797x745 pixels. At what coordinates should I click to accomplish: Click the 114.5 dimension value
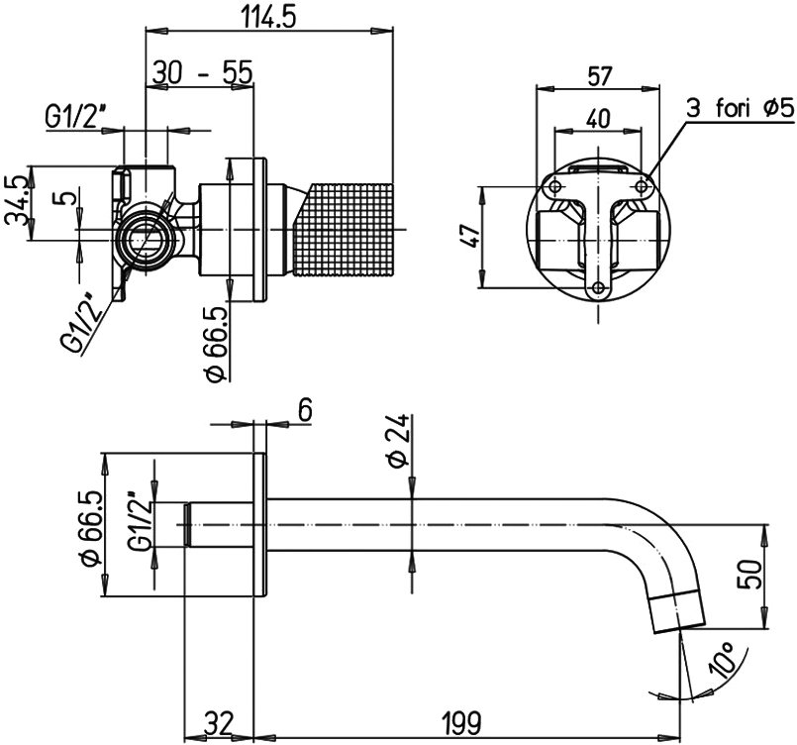coord(269,18)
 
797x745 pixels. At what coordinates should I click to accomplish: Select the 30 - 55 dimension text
coord(202,72)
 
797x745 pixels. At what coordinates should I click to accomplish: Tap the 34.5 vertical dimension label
coord(15,201)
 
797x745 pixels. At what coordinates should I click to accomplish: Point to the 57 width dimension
coord(599,76)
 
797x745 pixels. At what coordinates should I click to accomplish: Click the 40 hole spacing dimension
coord(598,119)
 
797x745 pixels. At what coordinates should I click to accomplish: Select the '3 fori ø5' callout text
coord(741,108)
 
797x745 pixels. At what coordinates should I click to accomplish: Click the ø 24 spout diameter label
coord(398,441)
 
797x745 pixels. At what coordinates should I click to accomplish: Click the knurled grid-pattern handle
coord(344,231)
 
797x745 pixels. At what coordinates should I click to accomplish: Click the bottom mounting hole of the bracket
coord(599,289)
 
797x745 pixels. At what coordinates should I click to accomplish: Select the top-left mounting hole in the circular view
coord(555,187)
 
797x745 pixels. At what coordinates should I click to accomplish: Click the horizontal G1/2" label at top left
coord(75,118)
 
